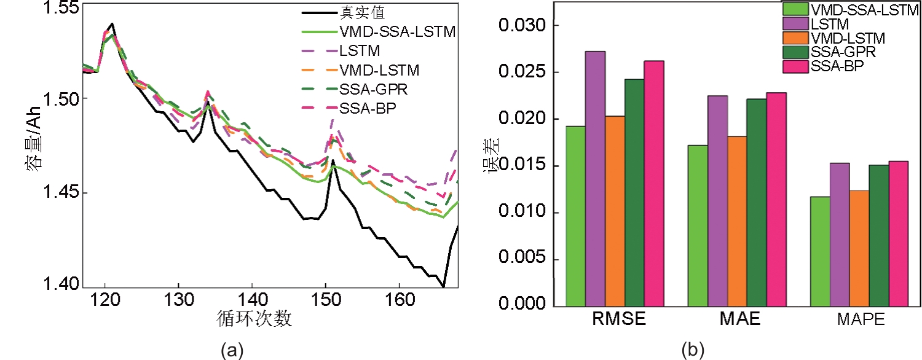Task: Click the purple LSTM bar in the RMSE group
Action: (x=595, y=178)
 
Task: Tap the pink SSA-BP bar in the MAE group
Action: (x=776, y=199)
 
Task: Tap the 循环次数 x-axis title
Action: (x=254, y=319)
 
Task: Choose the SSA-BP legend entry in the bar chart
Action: (x=838, y=66)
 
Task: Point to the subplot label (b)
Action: (x=693, y=351)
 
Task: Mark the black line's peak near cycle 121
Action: (x=112, y=24)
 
